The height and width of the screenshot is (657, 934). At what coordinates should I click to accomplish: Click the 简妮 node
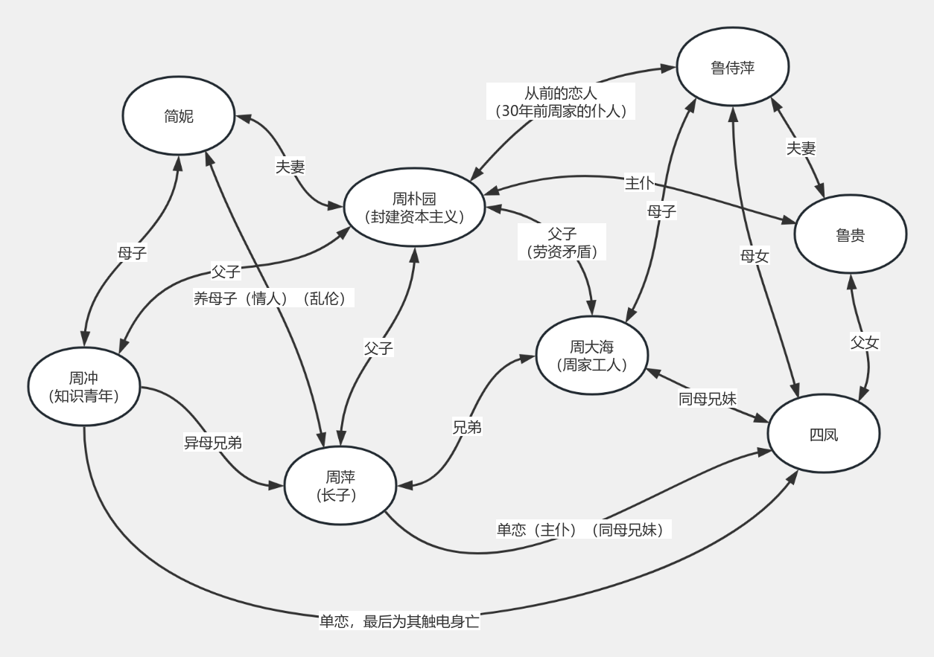click(179, 116)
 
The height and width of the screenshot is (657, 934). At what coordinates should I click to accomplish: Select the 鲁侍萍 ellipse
click(733, 67)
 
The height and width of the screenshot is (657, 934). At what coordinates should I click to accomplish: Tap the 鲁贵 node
click(851, 234)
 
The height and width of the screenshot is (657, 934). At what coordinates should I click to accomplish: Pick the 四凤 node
click(824, 434)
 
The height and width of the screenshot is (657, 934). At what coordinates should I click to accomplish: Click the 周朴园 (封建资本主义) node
click(414, 208)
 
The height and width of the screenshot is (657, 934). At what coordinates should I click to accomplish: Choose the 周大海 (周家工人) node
click(591, 356)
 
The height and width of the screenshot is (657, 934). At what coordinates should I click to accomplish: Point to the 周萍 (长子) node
click(340, 485)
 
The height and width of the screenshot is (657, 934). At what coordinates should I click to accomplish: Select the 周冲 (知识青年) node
click(84, 387)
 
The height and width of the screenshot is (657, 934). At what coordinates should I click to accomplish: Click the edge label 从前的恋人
click(560, 93)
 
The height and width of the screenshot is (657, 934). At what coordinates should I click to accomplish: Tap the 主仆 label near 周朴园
click(640, 183)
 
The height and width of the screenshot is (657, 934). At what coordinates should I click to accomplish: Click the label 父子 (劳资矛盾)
click(562, 243)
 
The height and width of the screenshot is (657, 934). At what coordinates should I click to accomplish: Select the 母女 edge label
click(754, 256)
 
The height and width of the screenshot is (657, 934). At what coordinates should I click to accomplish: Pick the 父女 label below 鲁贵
click(865, 342)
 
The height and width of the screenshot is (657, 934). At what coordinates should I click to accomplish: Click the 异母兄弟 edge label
click(213, 443)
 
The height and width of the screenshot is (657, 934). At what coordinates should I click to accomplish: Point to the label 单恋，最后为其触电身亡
click(399, 621)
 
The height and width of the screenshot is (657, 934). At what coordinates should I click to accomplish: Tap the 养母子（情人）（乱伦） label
click(273, 298)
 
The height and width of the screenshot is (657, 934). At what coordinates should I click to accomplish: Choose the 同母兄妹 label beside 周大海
click(707, 399)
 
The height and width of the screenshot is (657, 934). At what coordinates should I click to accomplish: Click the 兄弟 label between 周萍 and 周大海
click(467, 427)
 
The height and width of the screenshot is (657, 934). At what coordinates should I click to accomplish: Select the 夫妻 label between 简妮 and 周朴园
click(290, 167)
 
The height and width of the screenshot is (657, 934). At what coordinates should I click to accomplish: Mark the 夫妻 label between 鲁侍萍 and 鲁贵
click(801, 148)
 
